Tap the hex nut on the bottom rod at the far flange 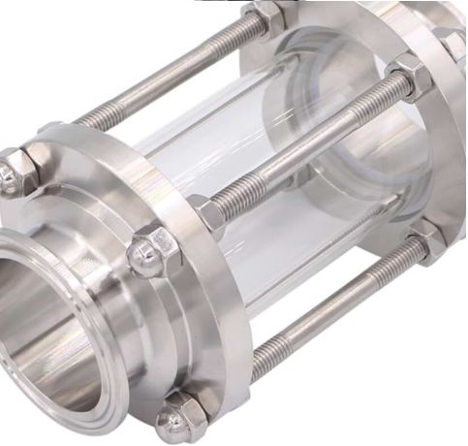426,238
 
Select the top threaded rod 165,73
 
